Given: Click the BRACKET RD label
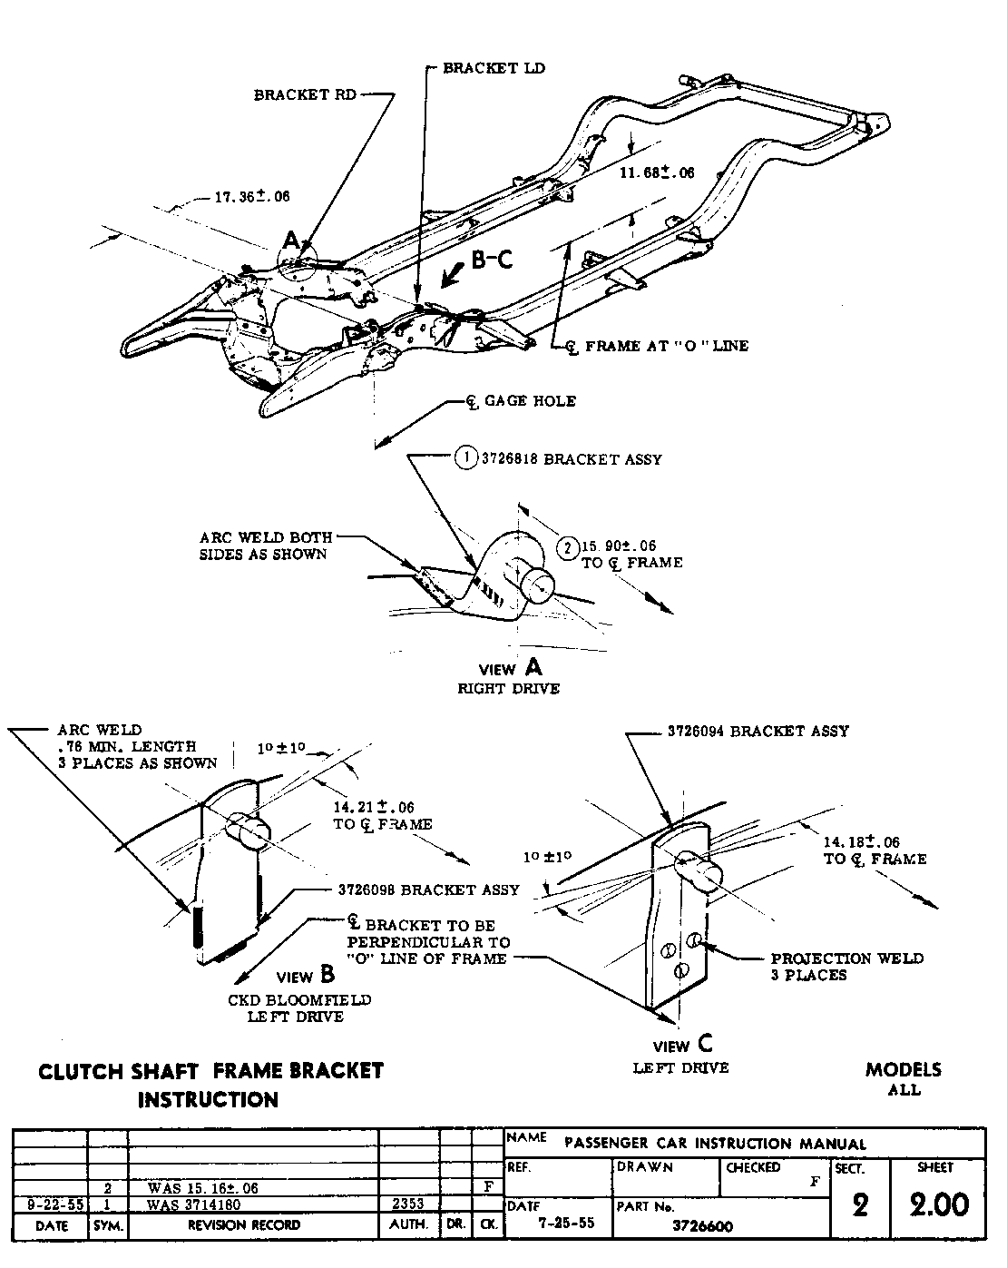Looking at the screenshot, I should click(305, 94).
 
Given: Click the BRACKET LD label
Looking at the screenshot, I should click(494, 68).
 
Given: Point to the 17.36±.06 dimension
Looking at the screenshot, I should click(251, 196).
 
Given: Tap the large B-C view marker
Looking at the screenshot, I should click(492, 260).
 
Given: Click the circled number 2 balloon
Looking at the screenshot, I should click(567, 546).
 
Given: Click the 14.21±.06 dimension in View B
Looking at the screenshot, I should click(374, 807).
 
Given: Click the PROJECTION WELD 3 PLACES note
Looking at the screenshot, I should click(846, 967).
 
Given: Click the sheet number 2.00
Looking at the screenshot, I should click(938, 1204).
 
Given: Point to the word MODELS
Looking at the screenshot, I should click(903, 1069).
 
